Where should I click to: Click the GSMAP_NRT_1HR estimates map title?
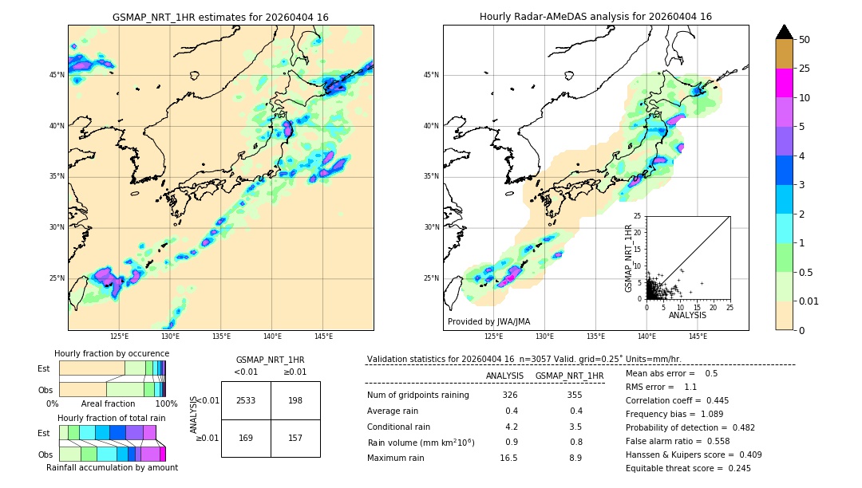(x=220, y=17)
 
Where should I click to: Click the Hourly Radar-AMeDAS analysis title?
(x=595, y=17)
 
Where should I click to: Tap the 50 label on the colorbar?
(x=805, y=40)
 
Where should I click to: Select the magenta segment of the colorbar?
(x=784, y=83)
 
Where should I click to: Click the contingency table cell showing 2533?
(x=246, y=400)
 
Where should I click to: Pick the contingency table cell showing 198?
(x=295, y=400)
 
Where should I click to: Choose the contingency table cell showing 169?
(x=246, y=438)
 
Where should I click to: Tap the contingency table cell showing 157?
(x=295, y=438)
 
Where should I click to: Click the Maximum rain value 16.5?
(x=508, y=458)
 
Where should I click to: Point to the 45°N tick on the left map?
(x=57, y=75)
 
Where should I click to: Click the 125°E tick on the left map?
(x=119, y=336)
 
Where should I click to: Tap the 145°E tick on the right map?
(x=698, y=336)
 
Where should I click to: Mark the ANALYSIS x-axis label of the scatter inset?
(x=687, y=315)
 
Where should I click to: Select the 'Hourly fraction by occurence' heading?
(x=112, y=353)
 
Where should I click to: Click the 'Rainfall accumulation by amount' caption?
(x=112, y=467)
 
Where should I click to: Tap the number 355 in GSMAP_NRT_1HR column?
(x=574, y=396)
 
